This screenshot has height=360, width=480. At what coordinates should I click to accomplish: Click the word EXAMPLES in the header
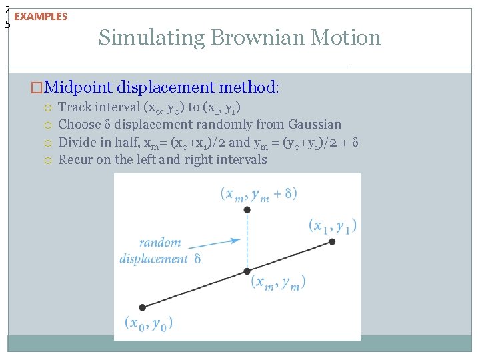[x=41, y=17]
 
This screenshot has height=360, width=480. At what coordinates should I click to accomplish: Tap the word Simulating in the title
[x=151, y=37]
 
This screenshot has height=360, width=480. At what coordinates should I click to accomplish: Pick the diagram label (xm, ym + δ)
[x=259, y=194]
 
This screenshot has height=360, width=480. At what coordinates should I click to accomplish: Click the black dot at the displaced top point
[x=247, y=209]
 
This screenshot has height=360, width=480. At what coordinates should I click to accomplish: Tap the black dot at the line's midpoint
[x=247, y=271]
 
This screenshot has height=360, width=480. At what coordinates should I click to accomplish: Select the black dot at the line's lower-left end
[x=142, y=307]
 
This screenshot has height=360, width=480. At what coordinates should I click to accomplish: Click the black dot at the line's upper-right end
[x=332, y=242]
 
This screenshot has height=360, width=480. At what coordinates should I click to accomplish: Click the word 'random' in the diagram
[x=160, y=243]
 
